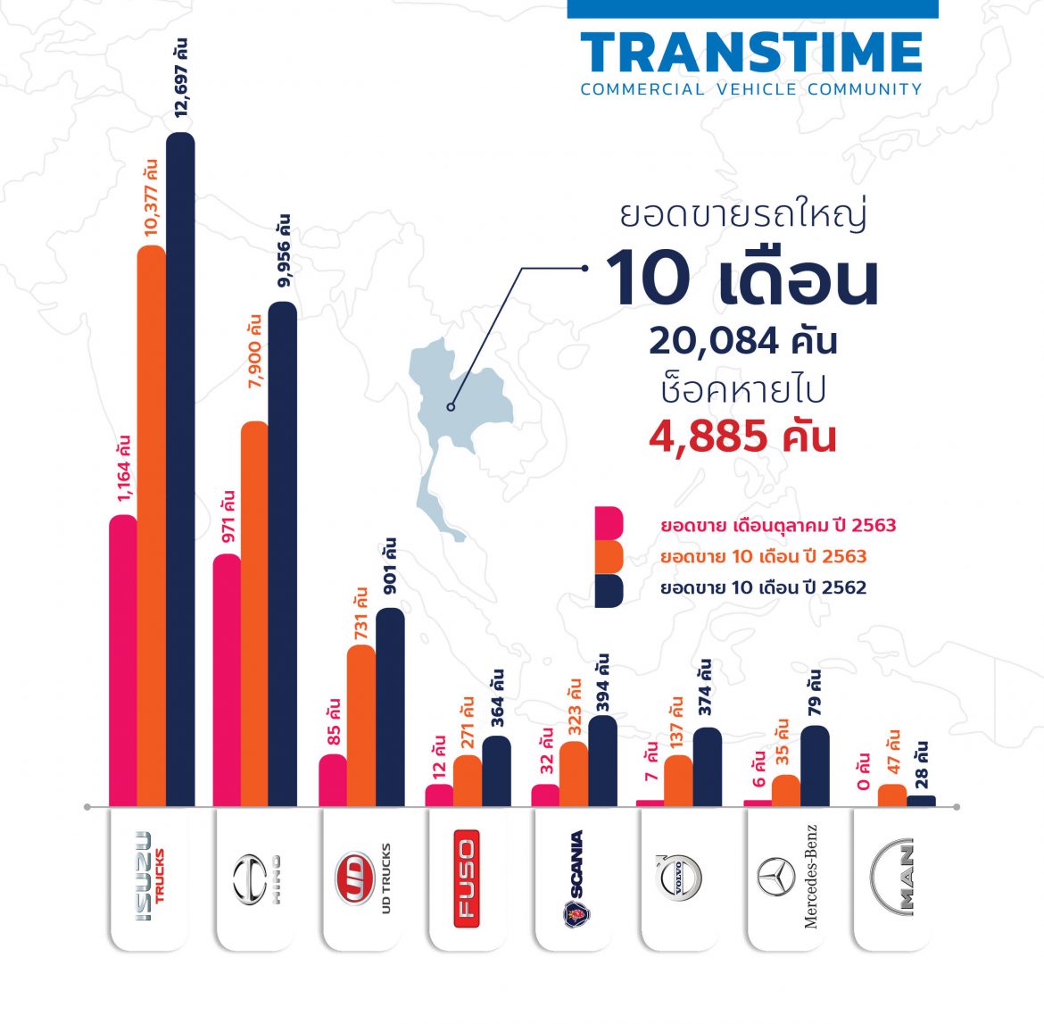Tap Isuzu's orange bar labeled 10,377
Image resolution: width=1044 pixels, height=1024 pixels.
click(151, 527)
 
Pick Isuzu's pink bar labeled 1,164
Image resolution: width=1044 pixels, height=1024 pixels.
click(123, 661)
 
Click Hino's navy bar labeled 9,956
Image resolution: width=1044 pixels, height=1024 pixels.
click(283, 554)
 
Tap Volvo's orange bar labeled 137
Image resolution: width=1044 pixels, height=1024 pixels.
click(678, 780)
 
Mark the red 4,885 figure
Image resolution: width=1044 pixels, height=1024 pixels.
click(742, 437)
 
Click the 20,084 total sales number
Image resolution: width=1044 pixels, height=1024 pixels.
click(742, 341)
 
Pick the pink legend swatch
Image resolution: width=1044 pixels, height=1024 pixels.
click(609, 524)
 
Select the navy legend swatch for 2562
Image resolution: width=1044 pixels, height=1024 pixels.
click(609, 589)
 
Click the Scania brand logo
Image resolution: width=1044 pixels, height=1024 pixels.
click(575, 878)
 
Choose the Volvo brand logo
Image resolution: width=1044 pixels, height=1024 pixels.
click(680, 878)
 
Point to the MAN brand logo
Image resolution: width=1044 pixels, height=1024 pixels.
click(893, 878)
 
